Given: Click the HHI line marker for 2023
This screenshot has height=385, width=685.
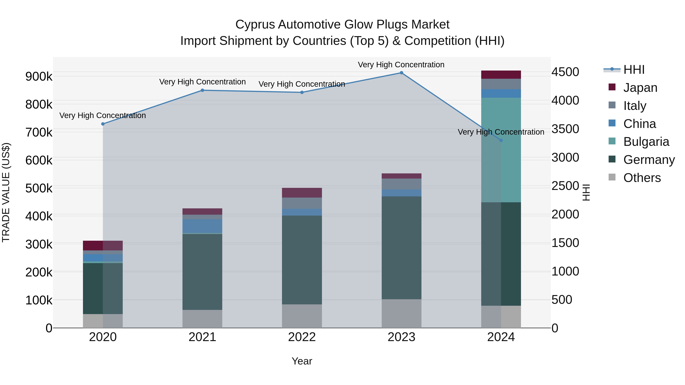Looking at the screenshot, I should point(401,73).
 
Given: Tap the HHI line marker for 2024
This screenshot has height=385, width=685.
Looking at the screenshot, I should point(501,140).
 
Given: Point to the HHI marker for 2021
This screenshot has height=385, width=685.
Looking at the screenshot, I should point(202,90).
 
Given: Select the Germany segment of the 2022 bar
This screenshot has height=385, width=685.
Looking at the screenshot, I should point(302,260).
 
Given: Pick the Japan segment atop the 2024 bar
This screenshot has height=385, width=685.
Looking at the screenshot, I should point(501,75).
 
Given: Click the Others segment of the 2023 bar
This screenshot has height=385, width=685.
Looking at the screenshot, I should point(401,314).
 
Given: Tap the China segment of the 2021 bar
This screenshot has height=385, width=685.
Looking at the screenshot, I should point(202,226).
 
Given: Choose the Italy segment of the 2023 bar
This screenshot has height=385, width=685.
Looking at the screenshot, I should point(401,184).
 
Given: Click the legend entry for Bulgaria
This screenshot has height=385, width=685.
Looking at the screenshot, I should point(646,142).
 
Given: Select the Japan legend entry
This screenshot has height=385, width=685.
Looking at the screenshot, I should point(640,88).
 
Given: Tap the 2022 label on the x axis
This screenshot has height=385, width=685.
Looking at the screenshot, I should point(302,337).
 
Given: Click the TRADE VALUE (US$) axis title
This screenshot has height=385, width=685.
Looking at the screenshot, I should point(6,192).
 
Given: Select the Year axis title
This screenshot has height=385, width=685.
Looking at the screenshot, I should point(302,361).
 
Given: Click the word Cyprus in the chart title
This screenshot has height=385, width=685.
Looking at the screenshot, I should point(255,25).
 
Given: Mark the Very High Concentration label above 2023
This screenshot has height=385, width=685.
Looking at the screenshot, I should point(401,65).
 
